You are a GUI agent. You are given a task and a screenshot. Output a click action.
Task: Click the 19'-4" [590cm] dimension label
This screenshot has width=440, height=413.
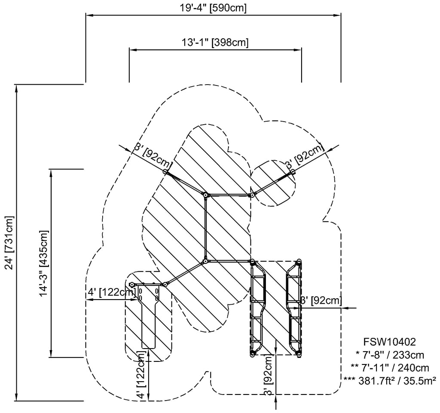coord(214,8)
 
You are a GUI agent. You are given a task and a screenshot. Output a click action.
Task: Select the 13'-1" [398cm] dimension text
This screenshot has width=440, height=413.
coord(215,42)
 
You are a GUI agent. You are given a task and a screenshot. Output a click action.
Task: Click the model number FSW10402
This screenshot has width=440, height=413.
coord(389,343)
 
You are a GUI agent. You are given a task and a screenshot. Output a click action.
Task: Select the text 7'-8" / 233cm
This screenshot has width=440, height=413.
coord(390,355)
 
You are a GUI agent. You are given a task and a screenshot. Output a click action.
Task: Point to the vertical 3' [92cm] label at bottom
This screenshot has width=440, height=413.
coord(268,375)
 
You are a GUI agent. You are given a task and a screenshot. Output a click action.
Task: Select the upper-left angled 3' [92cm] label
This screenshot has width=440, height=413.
coord(153,156)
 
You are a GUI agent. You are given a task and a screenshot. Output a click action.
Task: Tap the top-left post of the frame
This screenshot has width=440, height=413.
coord(165,171)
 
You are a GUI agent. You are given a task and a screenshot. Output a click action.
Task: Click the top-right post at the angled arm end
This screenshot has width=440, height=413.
coord(293,171)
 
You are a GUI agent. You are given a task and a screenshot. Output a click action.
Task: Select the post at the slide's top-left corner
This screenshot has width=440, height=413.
coord(132,285)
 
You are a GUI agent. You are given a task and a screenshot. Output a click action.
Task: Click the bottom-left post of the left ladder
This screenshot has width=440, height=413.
coord(252,353)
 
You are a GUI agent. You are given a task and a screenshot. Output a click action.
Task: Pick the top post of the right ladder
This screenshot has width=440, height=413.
coord(299,261)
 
